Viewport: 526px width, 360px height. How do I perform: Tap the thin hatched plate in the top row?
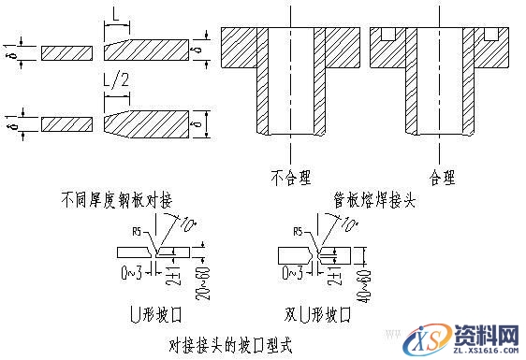coord(66,50)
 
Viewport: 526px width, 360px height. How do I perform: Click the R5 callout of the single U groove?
coord(138,227)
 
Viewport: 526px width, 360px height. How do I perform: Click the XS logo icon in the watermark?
coord(437,337)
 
